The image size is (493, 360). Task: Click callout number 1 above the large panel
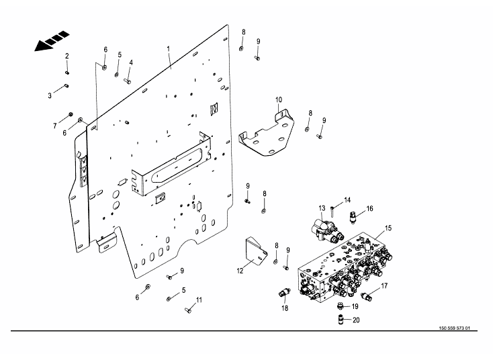(169, 49)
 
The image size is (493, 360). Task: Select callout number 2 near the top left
(66, 55)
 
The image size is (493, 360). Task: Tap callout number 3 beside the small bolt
(50, 96)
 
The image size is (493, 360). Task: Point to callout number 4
(131, 63)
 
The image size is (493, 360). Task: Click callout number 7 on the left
(55, 126)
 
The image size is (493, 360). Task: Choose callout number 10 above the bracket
(279, 100)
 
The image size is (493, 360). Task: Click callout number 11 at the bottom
(199, 300)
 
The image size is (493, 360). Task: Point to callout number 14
(347, 200)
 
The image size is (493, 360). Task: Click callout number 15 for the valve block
(388, 229)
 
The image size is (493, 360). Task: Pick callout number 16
(369, 209)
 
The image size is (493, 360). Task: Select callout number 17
(385, 286)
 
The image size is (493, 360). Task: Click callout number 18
(285, 308)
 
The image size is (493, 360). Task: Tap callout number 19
(356, 306)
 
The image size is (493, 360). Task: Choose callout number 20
(356, 320)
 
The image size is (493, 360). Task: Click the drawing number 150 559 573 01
(453, 328)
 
